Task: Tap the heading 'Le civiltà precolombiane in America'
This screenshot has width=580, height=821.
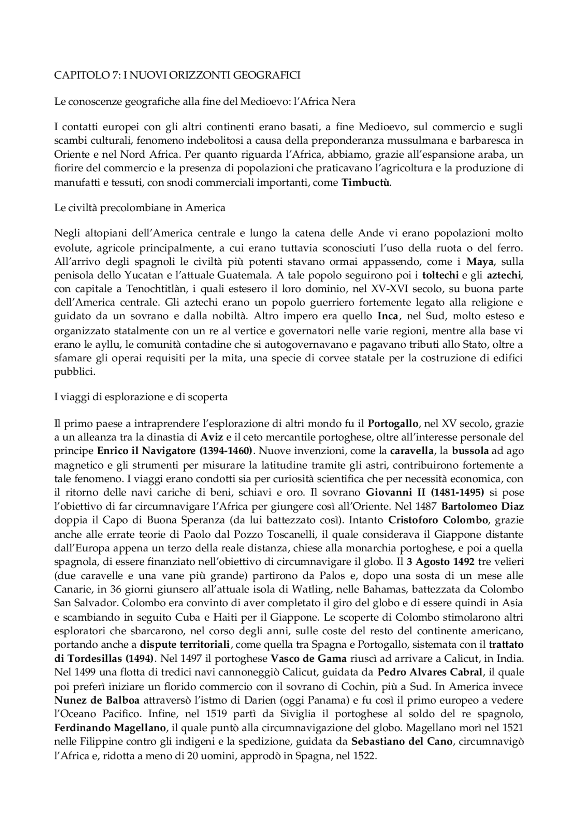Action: (140, 208)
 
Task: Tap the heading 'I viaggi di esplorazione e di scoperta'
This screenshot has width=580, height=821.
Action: (140, 397)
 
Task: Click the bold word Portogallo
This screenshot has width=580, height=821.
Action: (393, 424)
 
